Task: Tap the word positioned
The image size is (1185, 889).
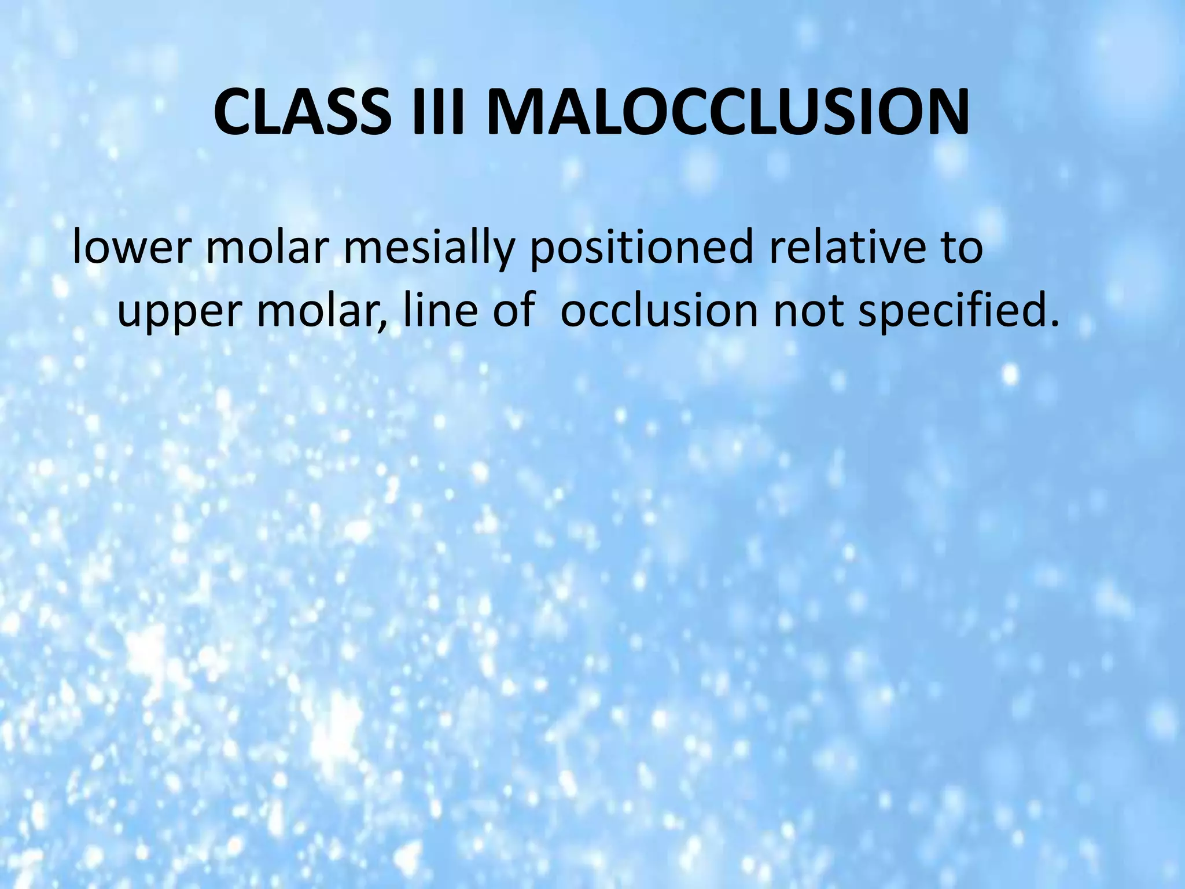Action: pyautogui.click(x=640, y=249)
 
